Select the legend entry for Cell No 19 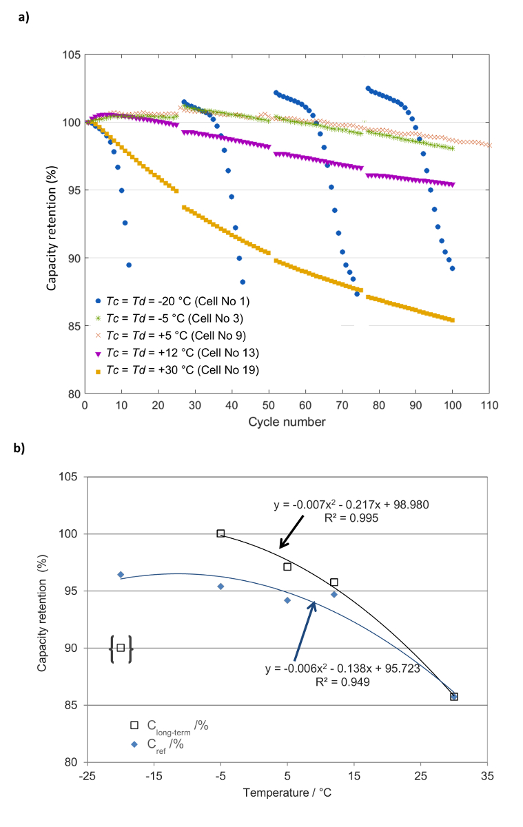(175, 370)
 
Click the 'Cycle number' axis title (288, 421)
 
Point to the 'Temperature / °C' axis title (287, 793)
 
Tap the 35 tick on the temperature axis (487, 775)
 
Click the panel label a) (23, 19)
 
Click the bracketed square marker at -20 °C (121, 648)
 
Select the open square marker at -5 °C (221, 533)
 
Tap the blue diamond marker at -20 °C (121, 574)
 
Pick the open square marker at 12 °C (334, 582)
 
